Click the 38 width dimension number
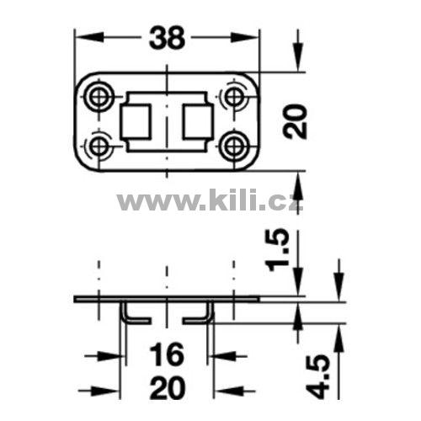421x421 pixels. coord(168,38)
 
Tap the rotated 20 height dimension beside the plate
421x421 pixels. coord(295,121)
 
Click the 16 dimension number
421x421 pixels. coord(167,355)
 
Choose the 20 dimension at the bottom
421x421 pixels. coord(168,388)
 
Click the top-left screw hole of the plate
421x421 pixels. coord(98,97)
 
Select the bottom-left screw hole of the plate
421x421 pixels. coord(98,146)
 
